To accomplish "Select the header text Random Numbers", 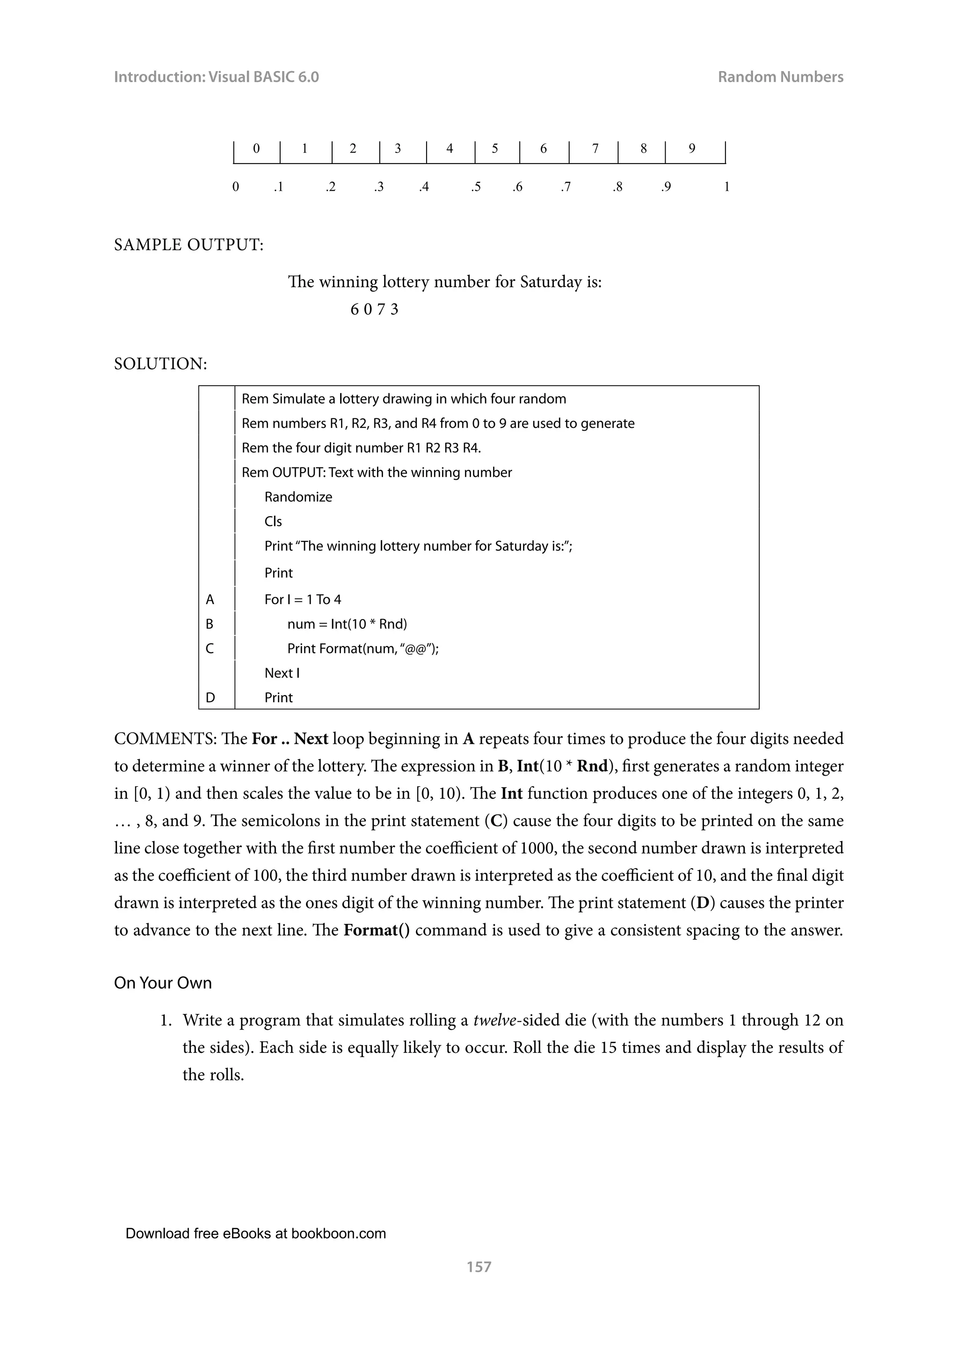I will (x=780, y=77).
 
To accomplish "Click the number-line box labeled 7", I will (x=595, y=149).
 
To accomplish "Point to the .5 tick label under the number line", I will (x=475, y=187).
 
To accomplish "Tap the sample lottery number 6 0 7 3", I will (x=374, y=310).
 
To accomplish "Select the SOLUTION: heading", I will (x=160, y=364).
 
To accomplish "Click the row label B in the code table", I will (x=210, y=624).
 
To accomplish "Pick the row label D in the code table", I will (x=210, y=698).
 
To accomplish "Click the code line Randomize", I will (x=298, y=497).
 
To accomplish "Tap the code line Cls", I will (x=273, y=522).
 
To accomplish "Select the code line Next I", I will (x=282, y=673).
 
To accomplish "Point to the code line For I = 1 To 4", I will (x=303, y=600).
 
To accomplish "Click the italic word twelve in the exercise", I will (x=494, y=1021).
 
